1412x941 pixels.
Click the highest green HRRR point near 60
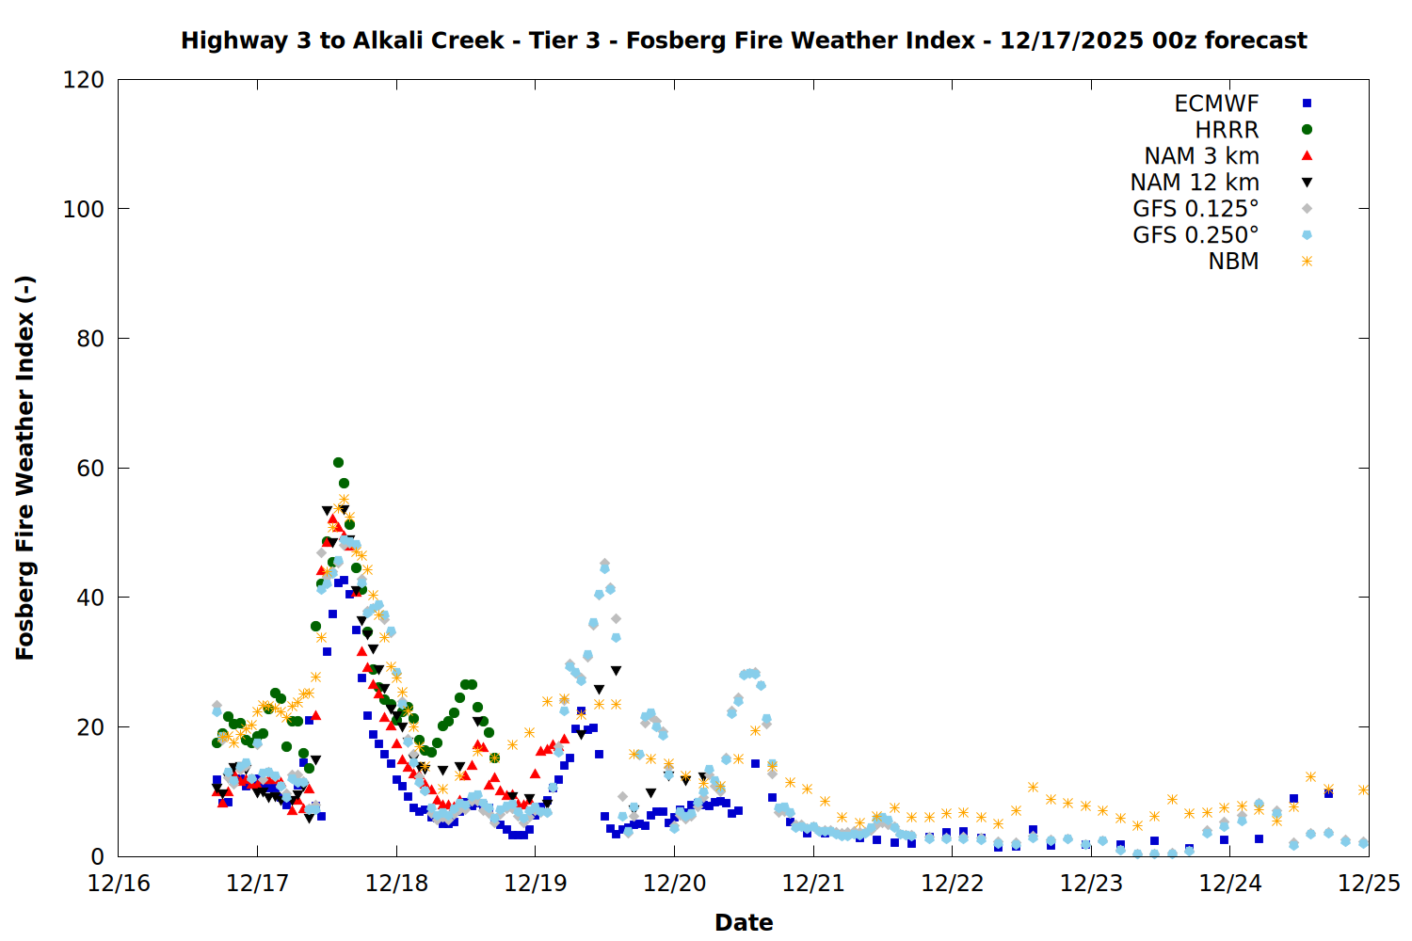pyautogui.click(x=338, y=462)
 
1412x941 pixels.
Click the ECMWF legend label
pyautogui.click(x=1216, y=104)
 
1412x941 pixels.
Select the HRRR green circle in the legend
pyautogui.click(x=1307, y=130)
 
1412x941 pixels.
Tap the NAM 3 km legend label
pyautogui.click(x=1201, y=156)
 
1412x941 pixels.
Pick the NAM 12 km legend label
pyautogui.click(x=1195, y=183)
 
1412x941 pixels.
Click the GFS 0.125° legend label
pyautogui.click(x=1195, y=209)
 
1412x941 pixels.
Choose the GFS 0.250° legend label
pyautogui.click(x=1195, y=235)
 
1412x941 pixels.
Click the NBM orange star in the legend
pyautogui.click(x=1307, y=262)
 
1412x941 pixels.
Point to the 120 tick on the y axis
pyautogui.click(x=84, y=80)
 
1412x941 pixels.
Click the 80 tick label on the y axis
pyautogui.click(x=90, y=339)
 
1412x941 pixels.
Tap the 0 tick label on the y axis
pyautogui.click(x=97, y=856)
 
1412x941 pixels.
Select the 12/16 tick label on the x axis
pyautogui.click(x=119, y=884)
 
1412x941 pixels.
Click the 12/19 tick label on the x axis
pyautogui.click(x=536, y=884)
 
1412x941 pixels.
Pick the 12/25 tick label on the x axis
pyautogui.click(x=1369, y=884)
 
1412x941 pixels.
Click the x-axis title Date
pyautogui.click(x=744, y=922)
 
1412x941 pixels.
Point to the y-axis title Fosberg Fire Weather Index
pyautogui.click(x=24, y=468)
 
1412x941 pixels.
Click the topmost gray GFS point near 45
pyautogui.click(x=604, y=564)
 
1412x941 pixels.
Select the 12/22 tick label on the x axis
pyautogui.click(x=953, y=884)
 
